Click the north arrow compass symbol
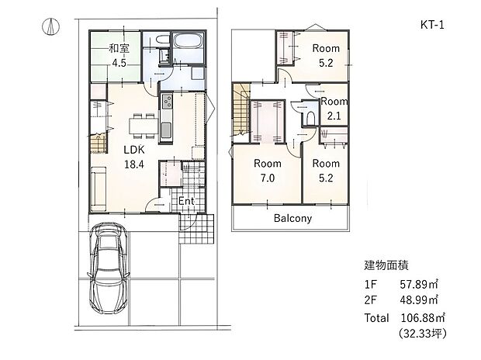48,25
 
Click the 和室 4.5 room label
119,54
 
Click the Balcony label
292,218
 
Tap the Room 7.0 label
267,171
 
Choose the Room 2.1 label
334,109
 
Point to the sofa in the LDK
99,189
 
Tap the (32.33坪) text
421,334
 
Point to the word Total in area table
377,318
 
